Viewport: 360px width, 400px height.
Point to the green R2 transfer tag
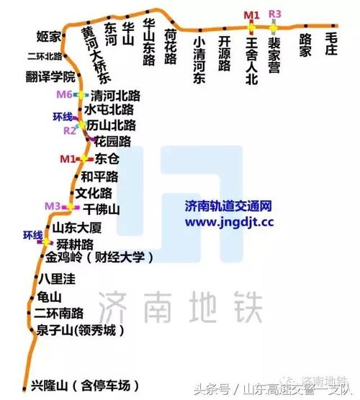pos(69,130)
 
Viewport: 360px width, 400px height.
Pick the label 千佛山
pos(102,208)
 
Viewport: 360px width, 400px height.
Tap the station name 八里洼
pos(55,278)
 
